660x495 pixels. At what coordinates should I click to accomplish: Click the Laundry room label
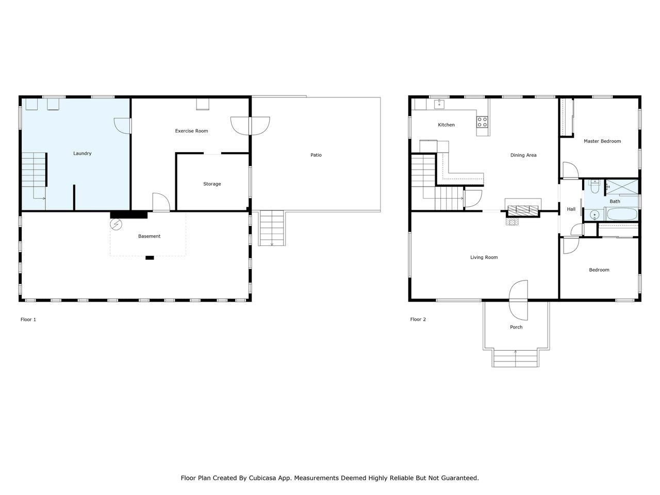click(x=82, y=154)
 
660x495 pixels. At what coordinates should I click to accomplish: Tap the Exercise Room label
click(x=191, y=131)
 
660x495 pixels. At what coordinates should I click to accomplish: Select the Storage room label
click(x=212, y=184)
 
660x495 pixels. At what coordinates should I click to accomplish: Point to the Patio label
click(x=316, y=155)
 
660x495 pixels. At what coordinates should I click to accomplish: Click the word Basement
click(x=149, y=236)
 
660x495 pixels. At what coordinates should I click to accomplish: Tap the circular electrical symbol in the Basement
click(x=116, y=224)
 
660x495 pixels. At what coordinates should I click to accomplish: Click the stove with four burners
click(x=482, y=122)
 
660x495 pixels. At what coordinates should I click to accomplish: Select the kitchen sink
click(x=439, y=104)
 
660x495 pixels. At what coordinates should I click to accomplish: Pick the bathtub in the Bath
click(x=622, y=214)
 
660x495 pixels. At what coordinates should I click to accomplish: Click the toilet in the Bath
click(x=595, y=186)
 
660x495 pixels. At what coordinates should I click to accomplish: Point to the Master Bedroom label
click(x=602, y=141)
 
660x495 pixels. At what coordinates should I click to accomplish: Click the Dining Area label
click(x=523, y=155)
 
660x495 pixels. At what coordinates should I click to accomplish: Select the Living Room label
click(x=484, y=257)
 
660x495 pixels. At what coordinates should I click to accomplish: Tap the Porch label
click(x=516, y=327)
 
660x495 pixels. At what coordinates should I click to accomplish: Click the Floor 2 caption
click(x=418, y=320)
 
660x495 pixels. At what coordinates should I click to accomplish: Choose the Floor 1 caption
click(x=28, y=320)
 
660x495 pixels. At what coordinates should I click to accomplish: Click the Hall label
click(x=571, y=209)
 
